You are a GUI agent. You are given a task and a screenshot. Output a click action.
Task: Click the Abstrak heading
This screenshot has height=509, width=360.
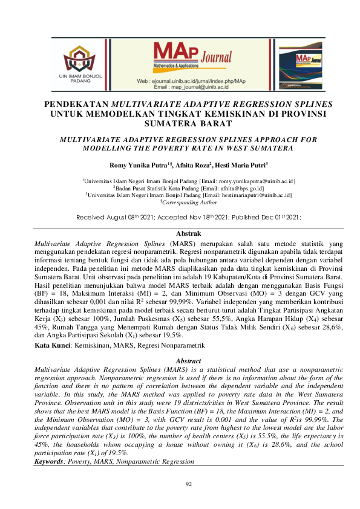pyautogui.click(x=180, y=233)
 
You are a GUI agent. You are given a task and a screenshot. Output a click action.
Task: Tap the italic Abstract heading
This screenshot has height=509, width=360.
pyautogui.click(x=180, y=361)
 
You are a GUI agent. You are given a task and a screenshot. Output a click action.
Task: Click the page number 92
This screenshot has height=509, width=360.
pyautogui.click(x=180, y=484)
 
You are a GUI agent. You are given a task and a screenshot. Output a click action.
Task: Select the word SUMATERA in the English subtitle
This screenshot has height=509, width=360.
pyautogui.click(x=270, y=148)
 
